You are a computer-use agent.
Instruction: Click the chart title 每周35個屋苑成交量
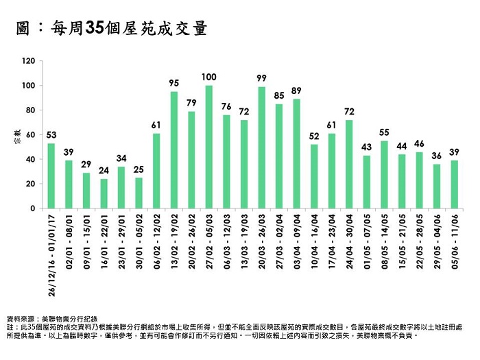click(113, 29)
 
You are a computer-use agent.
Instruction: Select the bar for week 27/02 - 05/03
click(208, 147)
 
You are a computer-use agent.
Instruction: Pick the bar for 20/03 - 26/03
click(261, 147)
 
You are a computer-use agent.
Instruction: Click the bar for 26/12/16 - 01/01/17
click(51, 176)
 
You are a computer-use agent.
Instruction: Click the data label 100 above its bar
click(208, 76)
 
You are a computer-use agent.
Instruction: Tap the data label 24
click(104, 170)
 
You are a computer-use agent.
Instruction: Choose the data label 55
click(384, 132)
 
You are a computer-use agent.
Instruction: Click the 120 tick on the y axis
click(28, 61)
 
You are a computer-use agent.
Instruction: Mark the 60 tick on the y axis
click(30, 134)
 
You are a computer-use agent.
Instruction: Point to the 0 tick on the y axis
click(33, 208)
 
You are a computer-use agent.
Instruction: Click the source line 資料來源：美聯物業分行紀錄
click(52, 319)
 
